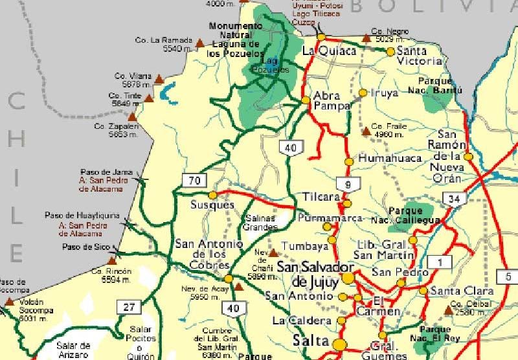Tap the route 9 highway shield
(348, 185)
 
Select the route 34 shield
(455, 199)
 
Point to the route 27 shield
(128, 307)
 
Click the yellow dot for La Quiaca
(321, 37)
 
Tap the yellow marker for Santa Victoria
(390, 51)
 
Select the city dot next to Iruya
(363, 93)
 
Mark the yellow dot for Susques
(212, 195)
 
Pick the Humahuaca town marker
(349, 161)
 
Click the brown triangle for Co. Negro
(366, 37)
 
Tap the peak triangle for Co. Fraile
(366, 131)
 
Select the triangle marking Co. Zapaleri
(132, 117)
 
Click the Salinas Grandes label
(260, 222)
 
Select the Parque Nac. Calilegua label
(414, 216)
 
